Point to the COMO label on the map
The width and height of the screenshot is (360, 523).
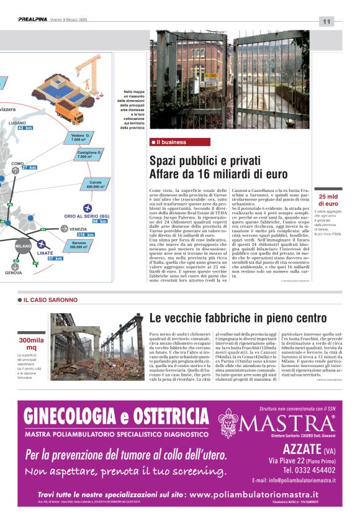[x=17, y=163]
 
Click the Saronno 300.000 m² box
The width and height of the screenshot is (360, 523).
[x=79, y=245]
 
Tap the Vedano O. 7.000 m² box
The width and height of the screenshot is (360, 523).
[x=80, y=138]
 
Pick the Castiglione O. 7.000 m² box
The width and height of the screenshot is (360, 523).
[x=89, y=155]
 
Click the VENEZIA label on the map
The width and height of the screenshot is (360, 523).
[x=74, y=229]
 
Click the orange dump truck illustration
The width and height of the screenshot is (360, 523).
[x=68, y=113]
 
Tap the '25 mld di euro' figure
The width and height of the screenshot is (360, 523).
[x=328, y=200]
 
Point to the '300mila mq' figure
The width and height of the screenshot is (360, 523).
[x=31, y=344]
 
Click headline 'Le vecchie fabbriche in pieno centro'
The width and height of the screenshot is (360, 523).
[x=238, y=319]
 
